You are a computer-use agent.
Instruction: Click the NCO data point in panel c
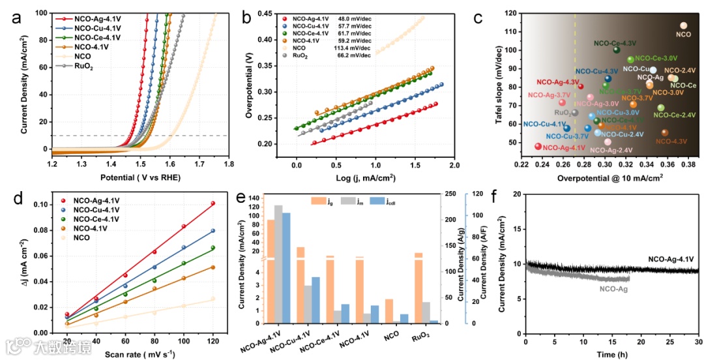pyautogui.click(x=683, y=26)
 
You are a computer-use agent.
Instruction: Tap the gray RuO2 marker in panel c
pyautogui.click(x=574, y=113)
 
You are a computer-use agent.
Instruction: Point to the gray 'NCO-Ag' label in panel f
pyautogui.click(x=613, y=288)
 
